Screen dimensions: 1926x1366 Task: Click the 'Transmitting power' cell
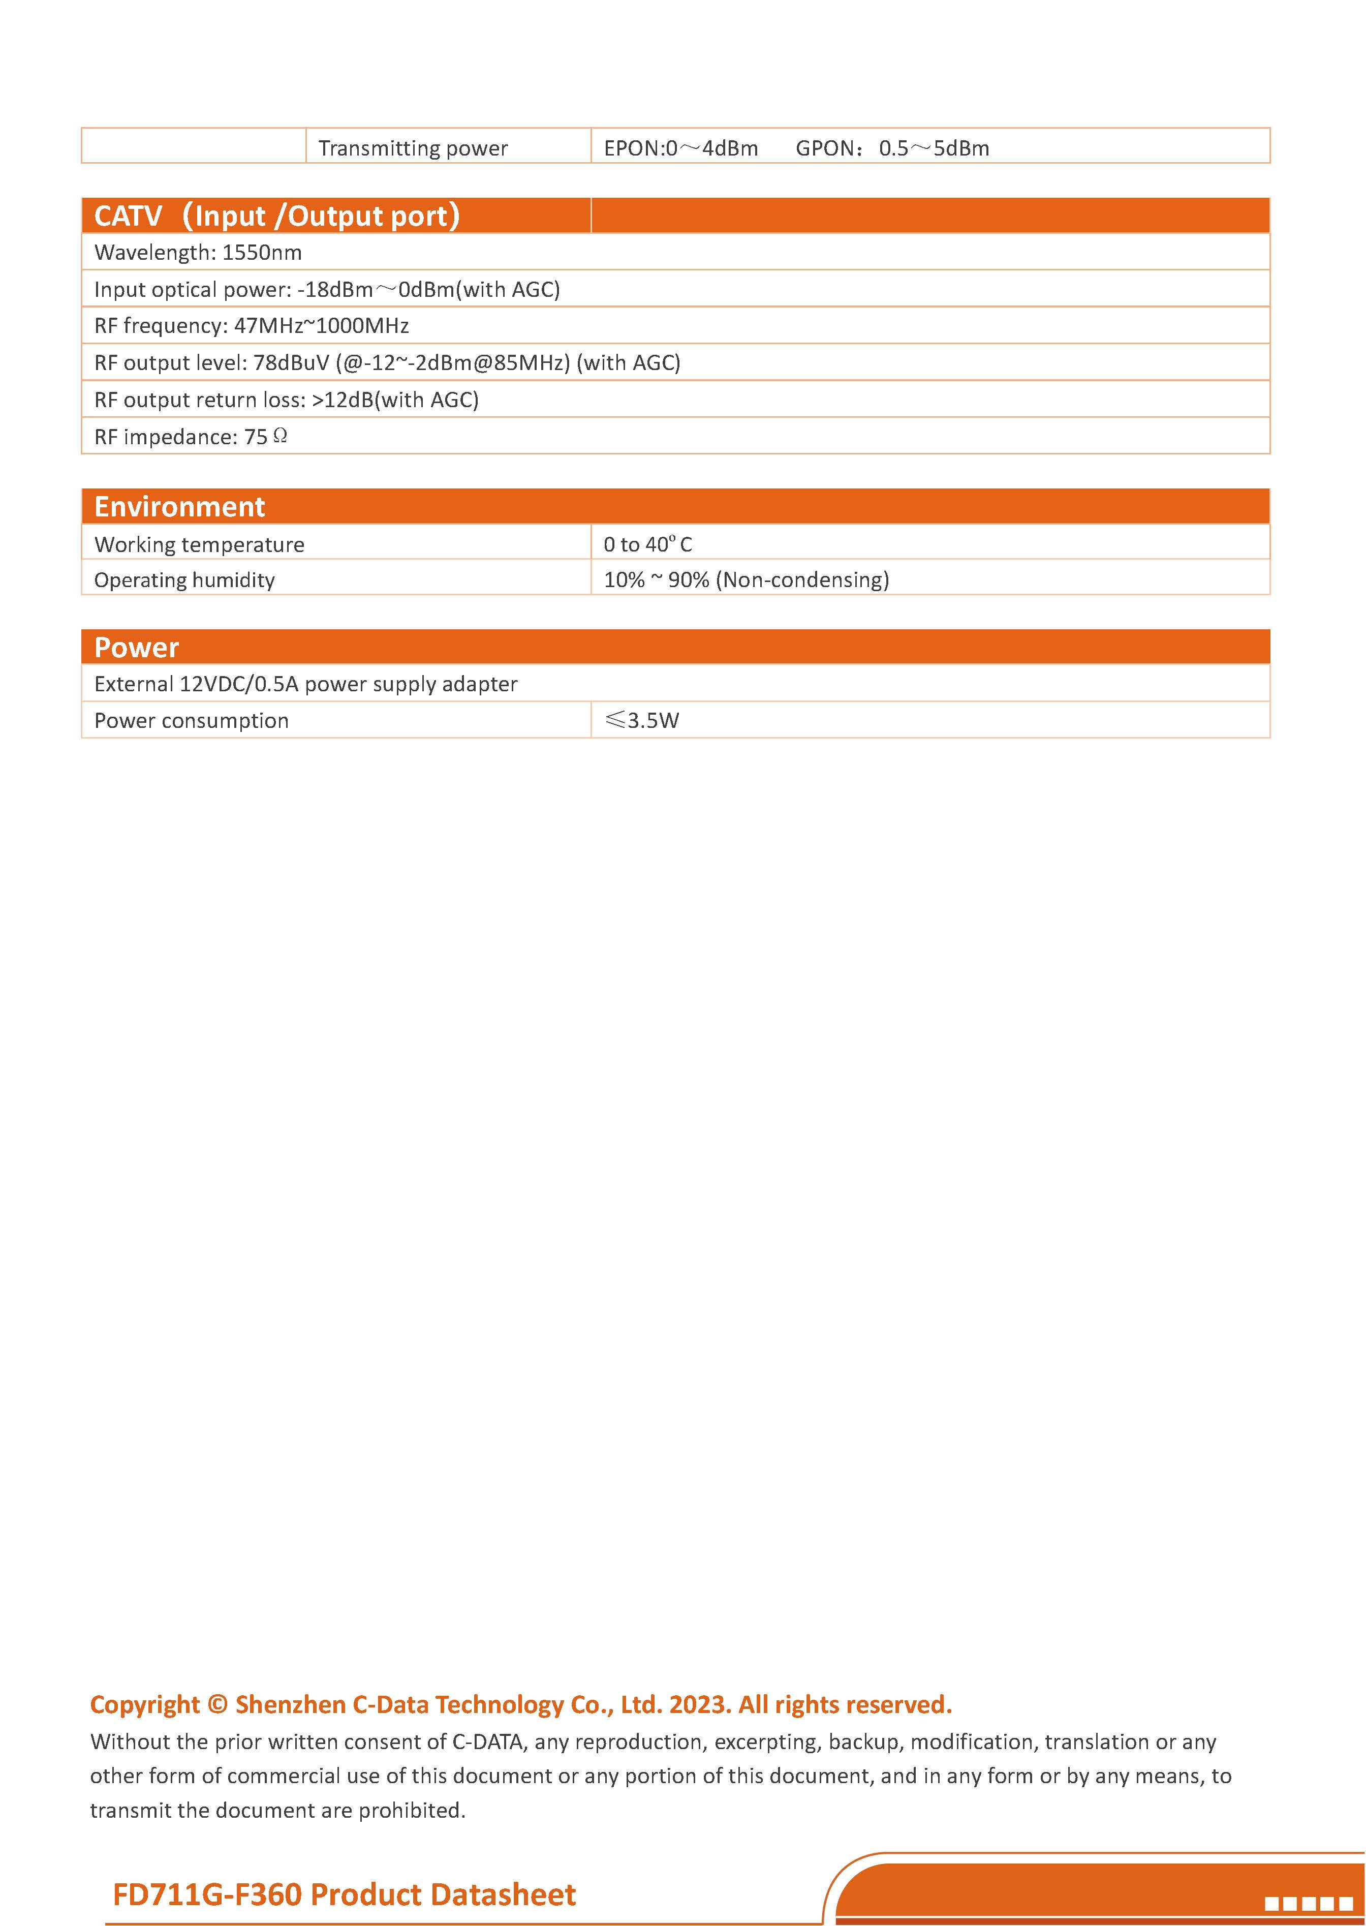[413, 148]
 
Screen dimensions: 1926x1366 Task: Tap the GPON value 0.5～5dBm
[934, 148]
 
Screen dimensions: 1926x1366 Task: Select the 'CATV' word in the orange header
[128, 216]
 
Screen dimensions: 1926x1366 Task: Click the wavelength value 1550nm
[262, 253]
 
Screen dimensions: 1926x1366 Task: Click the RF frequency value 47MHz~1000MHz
[321, 326]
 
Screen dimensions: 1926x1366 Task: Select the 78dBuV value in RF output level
[291, 362]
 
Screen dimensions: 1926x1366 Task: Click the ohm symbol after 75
[281, 436]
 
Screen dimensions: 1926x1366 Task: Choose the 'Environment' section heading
[179, 506]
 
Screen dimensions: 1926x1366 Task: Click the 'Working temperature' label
[199, 544]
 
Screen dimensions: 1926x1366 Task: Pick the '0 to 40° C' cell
[647, 544]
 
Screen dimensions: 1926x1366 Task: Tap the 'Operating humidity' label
[184, 580]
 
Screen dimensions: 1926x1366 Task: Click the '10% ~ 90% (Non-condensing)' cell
[746, 580]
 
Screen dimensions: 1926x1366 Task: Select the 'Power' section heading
[136, 647]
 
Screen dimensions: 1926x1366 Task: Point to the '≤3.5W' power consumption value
[642, 720]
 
